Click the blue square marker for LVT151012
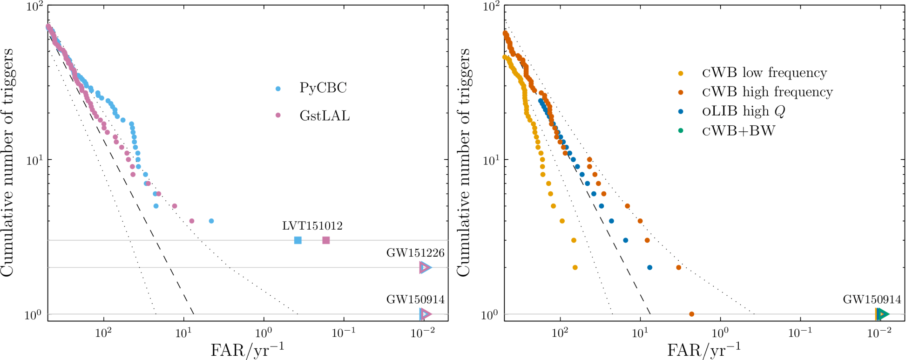pyautogui.click(x=298, y=240)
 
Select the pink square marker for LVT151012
pyautogui.click(x=326, y=240)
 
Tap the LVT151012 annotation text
pyautogui.click(x=312, y=226)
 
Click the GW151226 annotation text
pyautogui.click(x=415, y=253)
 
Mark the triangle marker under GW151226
pyautogui.click(x=425, y=267)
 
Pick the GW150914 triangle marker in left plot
pyautogui.click(x=425, y=314)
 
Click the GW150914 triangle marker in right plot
pyautogui.click(x=882, y=314)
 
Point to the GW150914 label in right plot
pyautogui.click(x=872, y=300)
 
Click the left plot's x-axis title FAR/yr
pyautogui.click(x=247, y=349)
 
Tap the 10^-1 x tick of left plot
pyautogui.click(x=344, y=333)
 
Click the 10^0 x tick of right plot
pyautogui.click(x=720, y=333)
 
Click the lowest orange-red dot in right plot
pyautogui.click(x=691, y=314)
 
